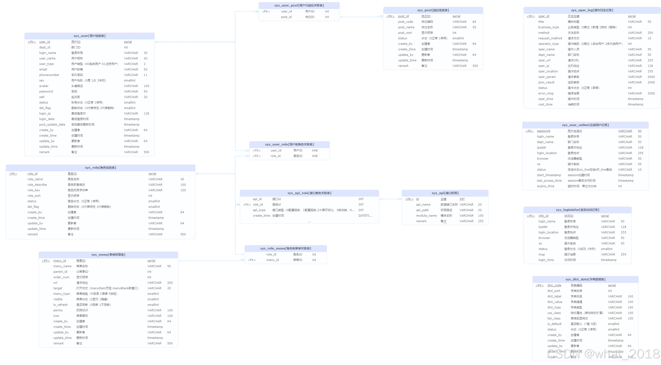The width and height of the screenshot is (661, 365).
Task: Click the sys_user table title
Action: pos(89,36)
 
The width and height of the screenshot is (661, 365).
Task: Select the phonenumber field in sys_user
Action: pos(49,75)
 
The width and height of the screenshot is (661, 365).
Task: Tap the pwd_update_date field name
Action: pos(52,125)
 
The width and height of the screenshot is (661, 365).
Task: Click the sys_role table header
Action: pos(100,168)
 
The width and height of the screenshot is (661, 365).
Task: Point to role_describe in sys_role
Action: pos(37,185)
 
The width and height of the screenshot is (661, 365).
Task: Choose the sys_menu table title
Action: pos(108,255)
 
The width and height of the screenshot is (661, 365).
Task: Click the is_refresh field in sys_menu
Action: pos(61,305)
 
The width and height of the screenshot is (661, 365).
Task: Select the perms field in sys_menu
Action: pos(58,310)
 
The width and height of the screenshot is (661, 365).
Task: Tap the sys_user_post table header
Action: pos(299,6)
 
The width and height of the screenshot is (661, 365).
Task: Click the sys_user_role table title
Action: pos(290,145)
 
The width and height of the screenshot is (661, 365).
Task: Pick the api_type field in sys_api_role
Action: pos(259,210)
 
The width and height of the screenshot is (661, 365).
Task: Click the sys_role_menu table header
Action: pos(285,248)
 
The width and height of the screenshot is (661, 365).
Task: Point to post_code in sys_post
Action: pos(405,22)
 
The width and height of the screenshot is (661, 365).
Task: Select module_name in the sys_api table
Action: pos(426,216)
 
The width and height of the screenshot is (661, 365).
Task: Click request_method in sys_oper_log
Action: pos(550,38)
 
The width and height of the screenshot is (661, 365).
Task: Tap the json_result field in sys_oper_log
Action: pos(546,82)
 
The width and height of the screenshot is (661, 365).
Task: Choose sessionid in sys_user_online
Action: pos(543,131)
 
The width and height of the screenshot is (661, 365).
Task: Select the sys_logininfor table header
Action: pos(577,210)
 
